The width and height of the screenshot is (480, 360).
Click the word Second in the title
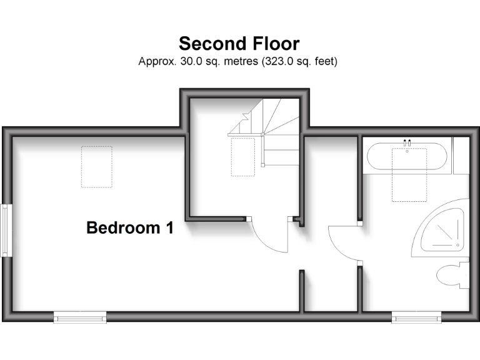(x=204, y=44)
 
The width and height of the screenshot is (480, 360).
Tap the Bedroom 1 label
(x=129, y=228)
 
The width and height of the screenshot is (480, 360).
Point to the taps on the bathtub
(x=407, y=142)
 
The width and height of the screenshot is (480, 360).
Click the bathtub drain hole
(x=407, y=151)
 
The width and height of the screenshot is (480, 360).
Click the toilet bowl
(x=450, y=275)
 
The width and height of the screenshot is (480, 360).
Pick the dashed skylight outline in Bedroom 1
(x=96, y=167)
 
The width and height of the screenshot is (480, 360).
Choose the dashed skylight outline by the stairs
(x=242, y=156)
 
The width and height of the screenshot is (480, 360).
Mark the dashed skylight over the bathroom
(x=409, y=175)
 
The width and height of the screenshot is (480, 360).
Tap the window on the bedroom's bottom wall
(x=80, y=318)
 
